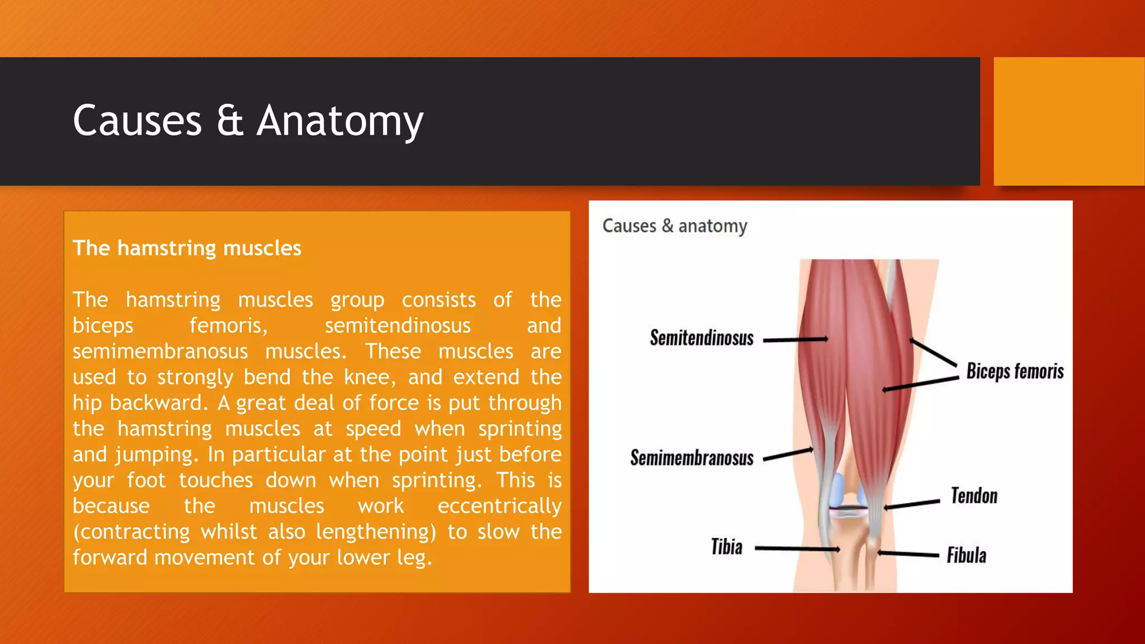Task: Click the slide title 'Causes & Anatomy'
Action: point(248,121)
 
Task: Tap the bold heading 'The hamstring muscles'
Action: point(187,248)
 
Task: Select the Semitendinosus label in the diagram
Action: point(701,338)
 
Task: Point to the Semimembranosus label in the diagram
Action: point(692,458)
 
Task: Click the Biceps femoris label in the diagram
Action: point(1015,371)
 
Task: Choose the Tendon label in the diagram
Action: point(974,496)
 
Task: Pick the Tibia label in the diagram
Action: point(726,547)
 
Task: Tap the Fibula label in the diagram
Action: point(966,555)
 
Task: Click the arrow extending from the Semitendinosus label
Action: point(795,339)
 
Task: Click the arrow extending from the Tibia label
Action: point(797,549)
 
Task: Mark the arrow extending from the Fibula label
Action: point(908,554)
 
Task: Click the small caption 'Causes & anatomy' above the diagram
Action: point(674,226)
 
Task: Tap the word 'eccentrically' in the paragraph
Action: point(499,506)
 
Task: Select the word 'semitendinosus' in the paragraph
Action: point(398,325)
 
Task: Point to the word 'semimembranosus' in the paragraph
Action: point(160,352)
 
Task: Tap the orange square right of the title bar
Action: point(1069,121)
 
